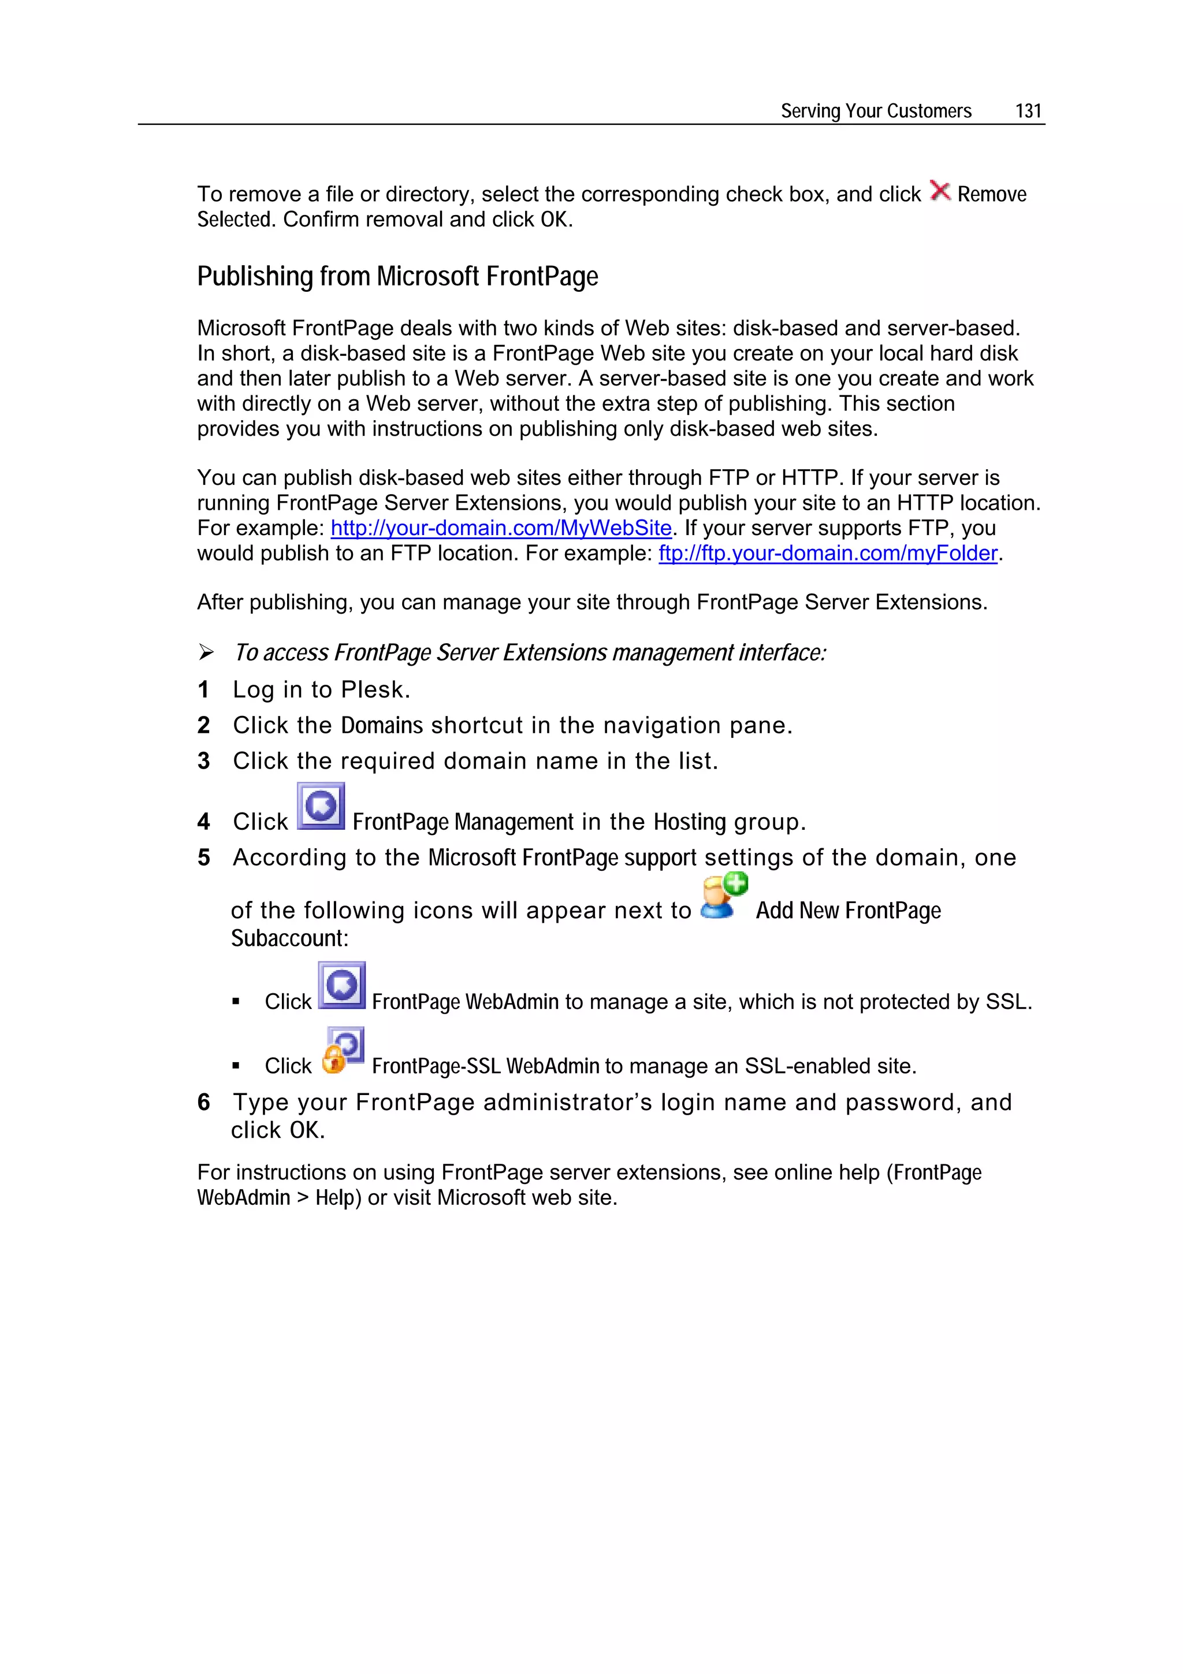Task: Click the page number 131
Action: coord(1028,111)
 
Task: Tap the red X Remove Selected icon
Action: coord(940,191)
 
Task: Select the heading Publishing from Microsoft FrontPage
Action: coord(397,277)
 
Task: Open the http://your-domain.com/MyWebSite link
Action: coord(501,528)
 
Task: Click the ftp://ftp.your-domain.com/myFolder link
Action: coord(827,554)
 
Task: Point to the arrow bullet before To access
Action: coord(206,652)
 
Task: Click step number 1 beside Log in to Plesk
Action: coord(203,689)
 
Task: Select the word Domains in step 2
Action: coord(382,725)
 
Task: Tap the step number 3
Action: coord(203,761)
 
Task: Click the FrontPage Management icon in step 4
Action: coord(321,807)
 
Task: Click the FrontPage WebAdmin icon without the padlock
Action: coord(341,986)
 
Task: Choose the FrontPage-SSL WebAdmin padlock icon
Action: coord(343,1051)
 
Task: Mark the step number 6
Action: coord(203,1103)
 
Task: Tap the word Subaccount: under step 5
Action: coord(289,938)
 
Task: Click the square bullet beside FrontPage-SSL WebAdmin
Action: coord(236,1066)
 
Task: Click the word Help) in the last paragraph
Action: coord(338,1198)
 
